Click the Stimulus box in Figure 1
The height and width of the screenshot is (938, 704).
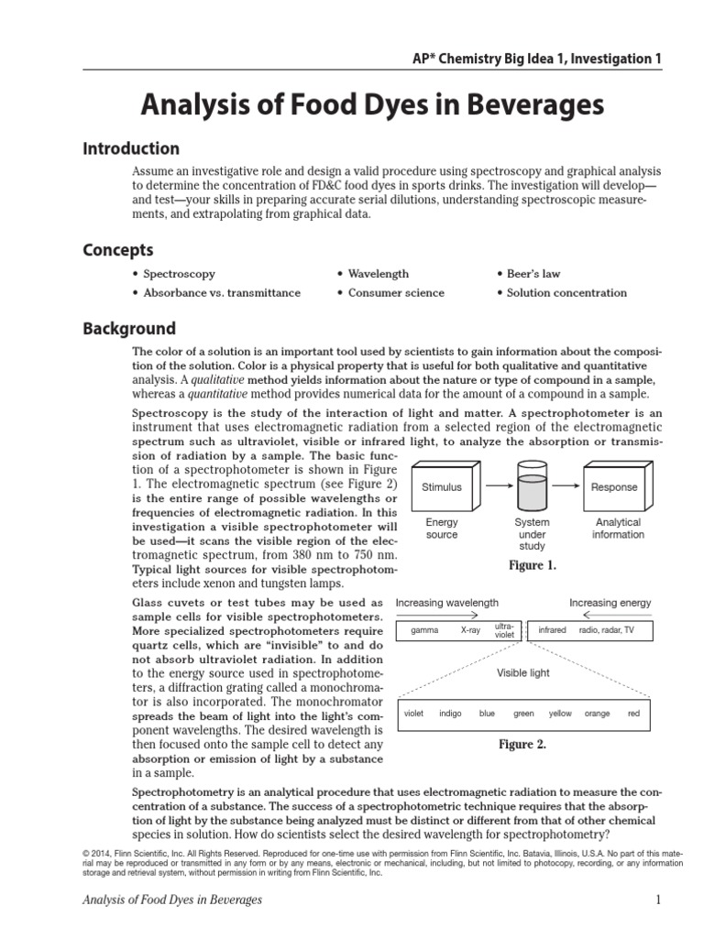point(442,487)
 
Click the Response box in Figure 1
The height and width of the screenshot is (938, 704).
point(614,487)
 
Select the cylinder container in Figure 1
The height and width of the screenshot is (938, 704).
point(533,485)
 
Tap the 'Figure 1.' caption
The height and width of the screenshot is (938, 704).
point(532,566)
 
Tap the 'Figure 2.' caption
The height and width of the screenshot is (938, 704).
point(522,745)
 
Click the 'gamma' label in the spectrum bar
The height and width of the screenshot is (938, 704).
point(425,631)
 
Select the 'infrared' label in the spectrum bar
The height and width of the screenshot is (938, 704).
point(552,631)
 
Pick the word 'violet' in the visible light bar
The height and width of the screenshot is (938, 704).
point(413,714)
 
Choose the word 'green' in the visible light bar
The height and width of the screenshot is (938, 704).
point(523,714)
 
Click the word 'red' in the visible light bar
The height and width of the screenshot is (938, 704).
point(633,714)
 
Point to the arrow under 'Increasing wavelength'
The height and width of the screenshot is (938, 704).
point(445,616)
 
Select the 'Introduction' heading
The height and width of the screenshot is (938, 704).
point(131,148)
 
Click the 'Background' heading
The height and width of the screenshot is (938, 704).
point(129,329)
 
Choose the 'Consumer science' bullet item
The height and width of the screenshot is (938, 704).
point(390,293)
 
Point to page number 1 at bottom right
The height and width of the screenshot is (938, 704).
point(657,900)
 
